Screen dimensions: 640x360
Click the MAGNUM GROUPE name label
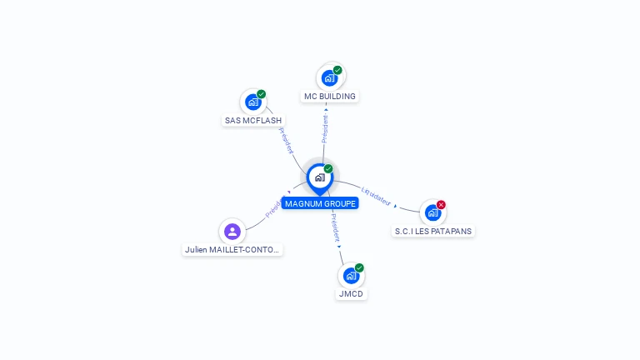click(320, 203)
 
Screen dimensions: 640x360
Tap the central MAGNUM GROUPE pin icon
click(319, 177)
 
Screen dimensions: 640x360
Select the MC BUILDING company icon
click(329, 78)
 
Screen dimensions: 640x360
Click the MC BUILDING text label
click(330, 97)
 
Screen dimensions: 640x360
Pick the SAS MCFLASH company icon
click(252, 102)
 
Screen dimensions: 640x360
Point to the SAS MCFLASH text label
click(253, 121)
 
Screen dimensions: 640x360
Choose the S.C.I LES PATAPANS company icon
click(432, 212)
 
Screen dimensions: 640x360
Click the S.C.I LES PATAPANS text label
click(434, 231)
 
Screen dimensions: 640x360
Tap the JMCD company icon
click(351, 276)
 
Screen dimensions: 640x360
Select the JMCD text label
click(352, 294)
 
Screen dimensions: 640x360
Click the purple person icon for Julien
click(232, 232)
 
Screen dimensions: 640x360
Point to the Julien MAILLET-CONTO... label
click(232, 249)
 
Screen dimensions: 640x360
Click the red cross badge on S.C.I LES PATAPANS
click(441, 205)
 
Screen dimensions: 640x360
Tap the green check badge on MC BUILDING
click(337, 70)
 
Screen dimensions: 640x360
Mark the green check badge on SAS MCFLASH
click(261, 94)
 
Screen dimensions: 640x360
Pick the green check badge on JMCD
click(359, 267)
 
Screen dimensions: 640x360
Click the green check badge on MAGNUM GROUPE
click(328, 169)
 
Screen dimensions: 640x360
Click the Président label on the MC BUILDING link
click(325, 128)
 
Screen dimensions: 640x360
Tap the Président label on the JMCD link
click(335, 229)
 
